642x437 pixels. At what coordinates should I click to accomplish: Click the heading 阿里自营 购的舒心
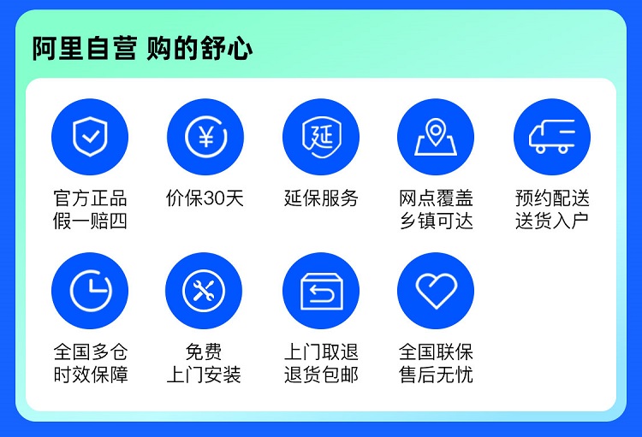(142, 48)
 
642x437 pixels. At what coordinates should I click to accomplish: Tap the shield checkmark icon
(90, 137)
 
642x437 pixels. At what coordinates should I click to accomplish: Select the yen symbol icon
(205, 137)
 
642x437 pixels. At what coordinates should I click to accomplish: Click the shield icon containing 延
(321, 137)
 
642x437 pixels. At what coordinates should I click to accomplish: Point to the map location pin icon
(436, 137)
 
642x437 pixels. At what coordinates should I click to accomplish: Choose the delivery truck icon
(552, 137)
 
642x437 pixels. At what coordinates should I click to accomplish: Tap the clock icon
(90, 291)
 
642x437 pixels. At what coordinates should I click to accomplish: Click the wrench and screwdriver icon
(204, 291)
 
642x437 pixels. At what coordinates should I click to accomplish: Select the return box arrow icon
(321, 291)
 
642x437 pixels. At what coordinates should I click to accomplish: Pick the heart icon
(436, 291)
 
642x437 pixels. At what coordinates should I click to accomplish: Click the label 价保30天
(205, 198)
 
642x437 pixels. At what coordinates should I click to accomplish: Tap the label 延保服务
(321, 198)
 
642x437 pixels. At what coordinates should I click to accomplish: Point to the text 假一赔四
(90, 221)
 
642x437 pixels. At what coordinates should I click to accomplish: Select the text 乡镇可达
(436, 221)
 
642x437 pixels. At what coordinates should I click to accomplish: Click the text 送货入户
(552, 221)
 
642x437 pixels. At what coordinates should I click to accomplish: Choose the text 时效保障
(91, 375)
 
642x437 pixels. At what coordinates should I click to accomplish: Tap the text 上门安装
(204, 375)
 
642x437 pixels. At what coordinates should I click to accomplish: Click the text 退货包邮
(321, 375)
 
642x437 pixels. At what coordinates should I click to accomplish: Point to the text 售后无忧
(436, 375)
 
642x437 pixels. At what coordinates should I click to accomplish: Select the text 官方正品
(90, 198)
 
